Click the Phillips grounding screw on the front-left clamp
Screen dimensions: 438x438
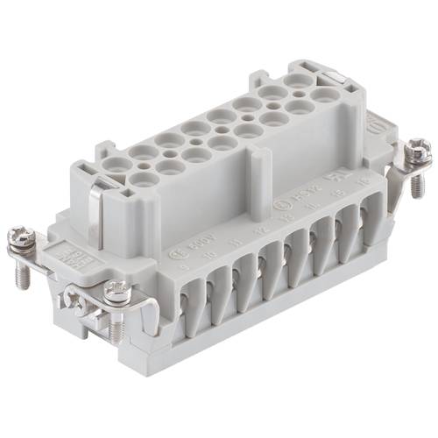[80, 306]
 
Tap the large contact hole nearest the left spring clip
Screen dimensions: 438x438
[144, 179]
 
